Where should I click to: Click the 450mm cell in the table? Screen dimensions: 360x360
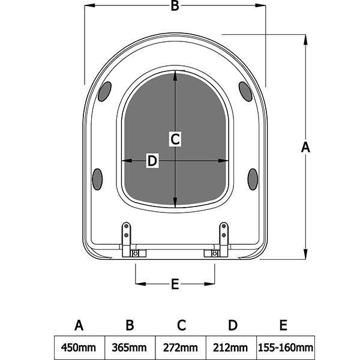point(79,347)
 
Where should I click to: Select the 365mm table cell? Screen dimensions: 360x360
point(130,347)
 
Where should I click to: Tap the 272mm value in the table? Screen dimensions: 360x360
point(181,347)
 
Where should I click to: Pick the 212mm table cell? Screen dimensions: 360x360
point(232,347)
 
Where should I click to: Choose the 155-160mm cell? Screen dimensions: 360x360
point(285,347)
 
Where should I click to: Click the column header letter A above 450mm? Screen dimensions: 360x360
point(79,326)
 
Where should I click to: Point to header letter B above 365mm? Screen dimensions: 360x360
point(130,326)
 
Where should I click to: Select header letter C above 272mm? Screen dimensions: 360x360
point(181,326)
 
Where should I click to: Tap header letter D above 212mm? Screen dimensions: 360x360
point(233,326)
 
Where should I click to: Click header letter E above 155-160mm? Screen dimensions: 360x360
point(283,326)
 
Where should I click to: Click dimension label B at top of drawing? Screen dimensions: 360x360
point(175,7)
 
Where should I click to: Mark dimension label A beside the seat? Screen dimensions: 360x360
point(305,147)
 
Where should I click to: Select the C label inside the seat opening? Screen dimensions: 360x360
point(175,139)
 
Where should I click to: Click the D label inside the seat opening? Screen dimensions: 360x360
point(152,161)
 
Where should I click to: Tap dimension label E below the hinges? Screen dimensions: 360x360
point(175,284)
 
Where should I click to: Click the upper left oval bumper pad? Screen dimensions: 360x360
point(104,91)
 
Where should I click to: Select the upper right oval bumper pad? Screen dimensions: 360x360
point(245,91)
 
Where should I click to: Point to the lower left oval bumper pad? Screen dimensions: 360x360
point(97,179)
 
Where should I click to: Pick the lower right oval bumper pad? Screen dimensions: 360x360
point(253,179)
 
